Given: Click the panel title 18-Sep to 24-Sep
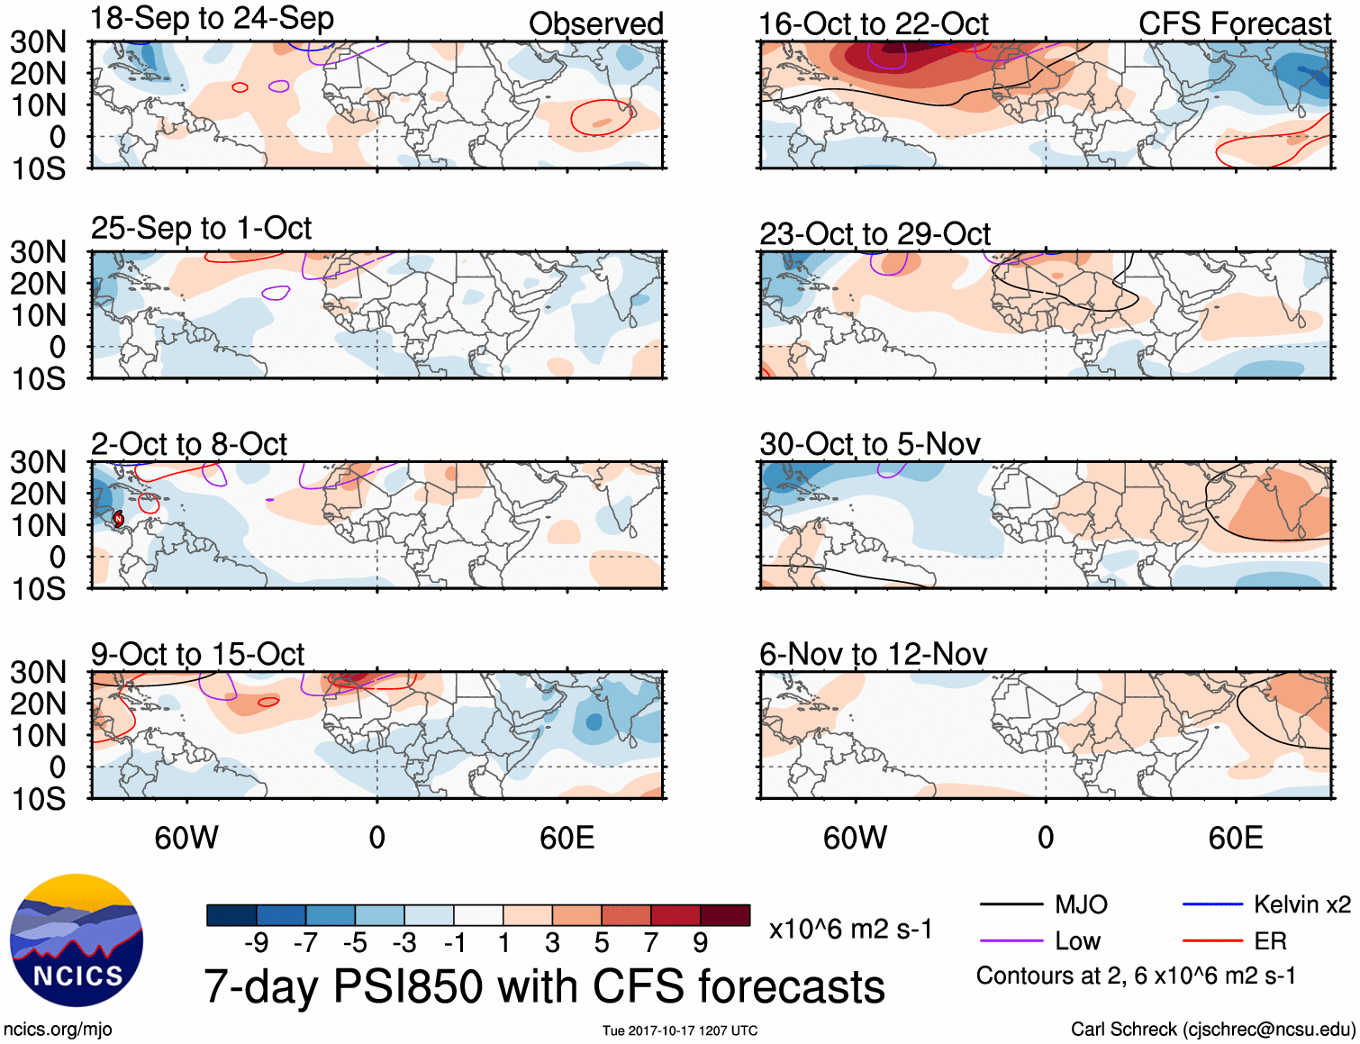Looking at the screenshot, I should pyautogui.click(x=212, y=19).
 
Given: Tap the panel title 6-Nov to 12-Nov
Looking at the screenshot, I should pyautogui.click(x=873, y=655).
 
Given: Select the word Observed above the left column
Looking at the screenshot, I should pyautogui.click(x=595, y=24).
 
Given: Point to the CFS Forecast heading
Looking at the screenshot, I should pyautogui.click(x=1234, y=24).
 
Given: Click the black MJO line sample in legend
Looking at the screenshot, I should pyautogui.click(x=1010, y=904).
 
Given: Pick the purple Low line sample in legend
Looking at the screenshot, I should pyautogui.click(x=1010, y=941).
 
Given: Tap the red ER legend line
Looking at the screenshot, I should pyautogui.click(x=1212, y=941).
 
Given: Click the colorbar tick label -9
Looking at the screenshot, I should pyautogui.click(x=256, y=943).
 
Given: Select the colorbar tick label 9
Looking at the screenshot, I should pyautogui.click(x=701, y=943).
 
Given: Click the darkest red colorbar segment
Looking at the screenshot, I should pyautogui.click(x=725, y=915).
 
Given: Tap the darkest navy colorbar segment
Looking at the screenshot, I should pyautogui.click(x=231, y=915).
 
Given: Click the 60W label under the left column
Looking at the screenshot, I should pyautogui.click(x=186, y=838).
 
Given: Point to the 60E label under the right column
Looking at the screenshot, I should pyautogui.click(x=1235, y=838).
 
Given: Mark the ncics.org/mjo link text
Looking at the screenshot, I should pyautogui.click(x=58, y=1029).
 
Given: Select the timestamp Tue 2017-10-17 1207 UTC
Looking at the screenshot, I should pyautogui.click(x=680, y=1030).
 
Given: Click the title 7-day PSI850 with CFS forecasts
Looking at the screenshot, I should pyautogui.click(x=544, y=986).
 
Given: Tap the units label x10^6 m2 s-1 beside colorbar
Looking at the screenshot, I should pyautogui.click(x=850, y=929).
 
